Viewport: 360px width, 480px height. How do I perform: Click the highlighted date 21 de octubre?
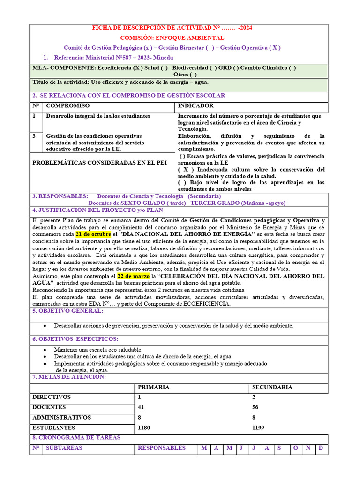click(x=93, y=234)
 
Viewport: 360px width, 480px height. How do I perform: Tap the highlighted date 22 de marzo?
click(x=133, y=276)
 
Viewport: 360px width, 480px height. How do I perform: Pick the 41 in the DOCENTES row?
click(x=141, y=407)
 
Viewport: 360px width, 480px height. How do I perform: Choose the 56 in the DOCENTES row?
click(x=255, y=407)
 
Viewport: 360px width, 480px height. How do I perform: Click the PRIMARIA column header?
click(x=153, y=387)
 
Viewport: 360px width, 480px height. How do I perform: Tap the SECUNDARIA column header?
click(x=272, y=387)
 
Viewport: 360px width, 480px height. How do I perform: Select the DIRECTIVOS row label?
click(x=52, y=397)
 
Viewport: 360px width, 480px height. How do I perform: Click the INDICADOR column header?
click(x=195, y=106)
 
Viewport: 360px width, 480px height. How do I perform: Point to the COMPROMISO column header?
click(x=67, y=106)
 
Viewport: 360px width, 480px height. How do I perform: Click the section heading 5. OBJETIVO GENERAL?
click(x=67, y=311)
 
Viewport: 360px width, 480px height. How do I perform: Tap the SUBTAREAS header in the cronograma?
click(x=64, y=448)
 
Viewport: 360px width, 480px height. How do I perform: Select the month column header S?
click(x=279, y=448)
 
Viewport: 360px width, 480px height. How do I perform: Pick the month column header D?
click(x=321, y=448)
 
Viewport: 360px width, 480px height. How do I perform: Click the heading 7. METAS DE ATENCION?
click(x=69, y=377)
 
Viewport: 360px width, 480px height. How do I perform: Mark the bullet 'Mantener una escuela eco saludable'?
click(x=98, y=350)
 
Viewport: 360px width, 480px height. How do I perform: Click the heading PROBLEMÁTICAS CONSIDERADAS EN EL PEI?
click(x=99, y=163)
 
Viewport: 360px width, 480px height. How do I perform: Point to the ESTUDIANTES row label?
click(x=53, y=427)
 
